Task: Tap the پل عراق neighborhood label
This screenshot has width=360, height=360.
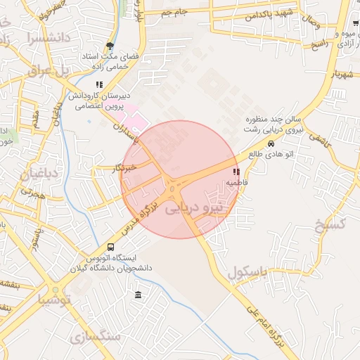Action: click(x=50, y=70)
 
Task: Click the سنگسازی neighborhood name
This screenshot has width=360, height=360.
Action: click(x=96, y=337)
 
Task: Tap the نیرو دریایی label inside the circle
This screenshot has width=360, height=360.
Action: click(x=193, y=208)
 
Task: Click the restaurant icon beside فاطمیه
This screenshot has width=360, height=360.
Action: click(x=236, y=172)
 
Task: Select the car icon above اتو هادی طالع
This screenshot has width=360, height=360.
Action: click(x=271, y=141)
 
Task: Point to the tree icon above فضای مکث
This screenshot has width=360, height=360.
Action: click(x=109, y=46)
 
